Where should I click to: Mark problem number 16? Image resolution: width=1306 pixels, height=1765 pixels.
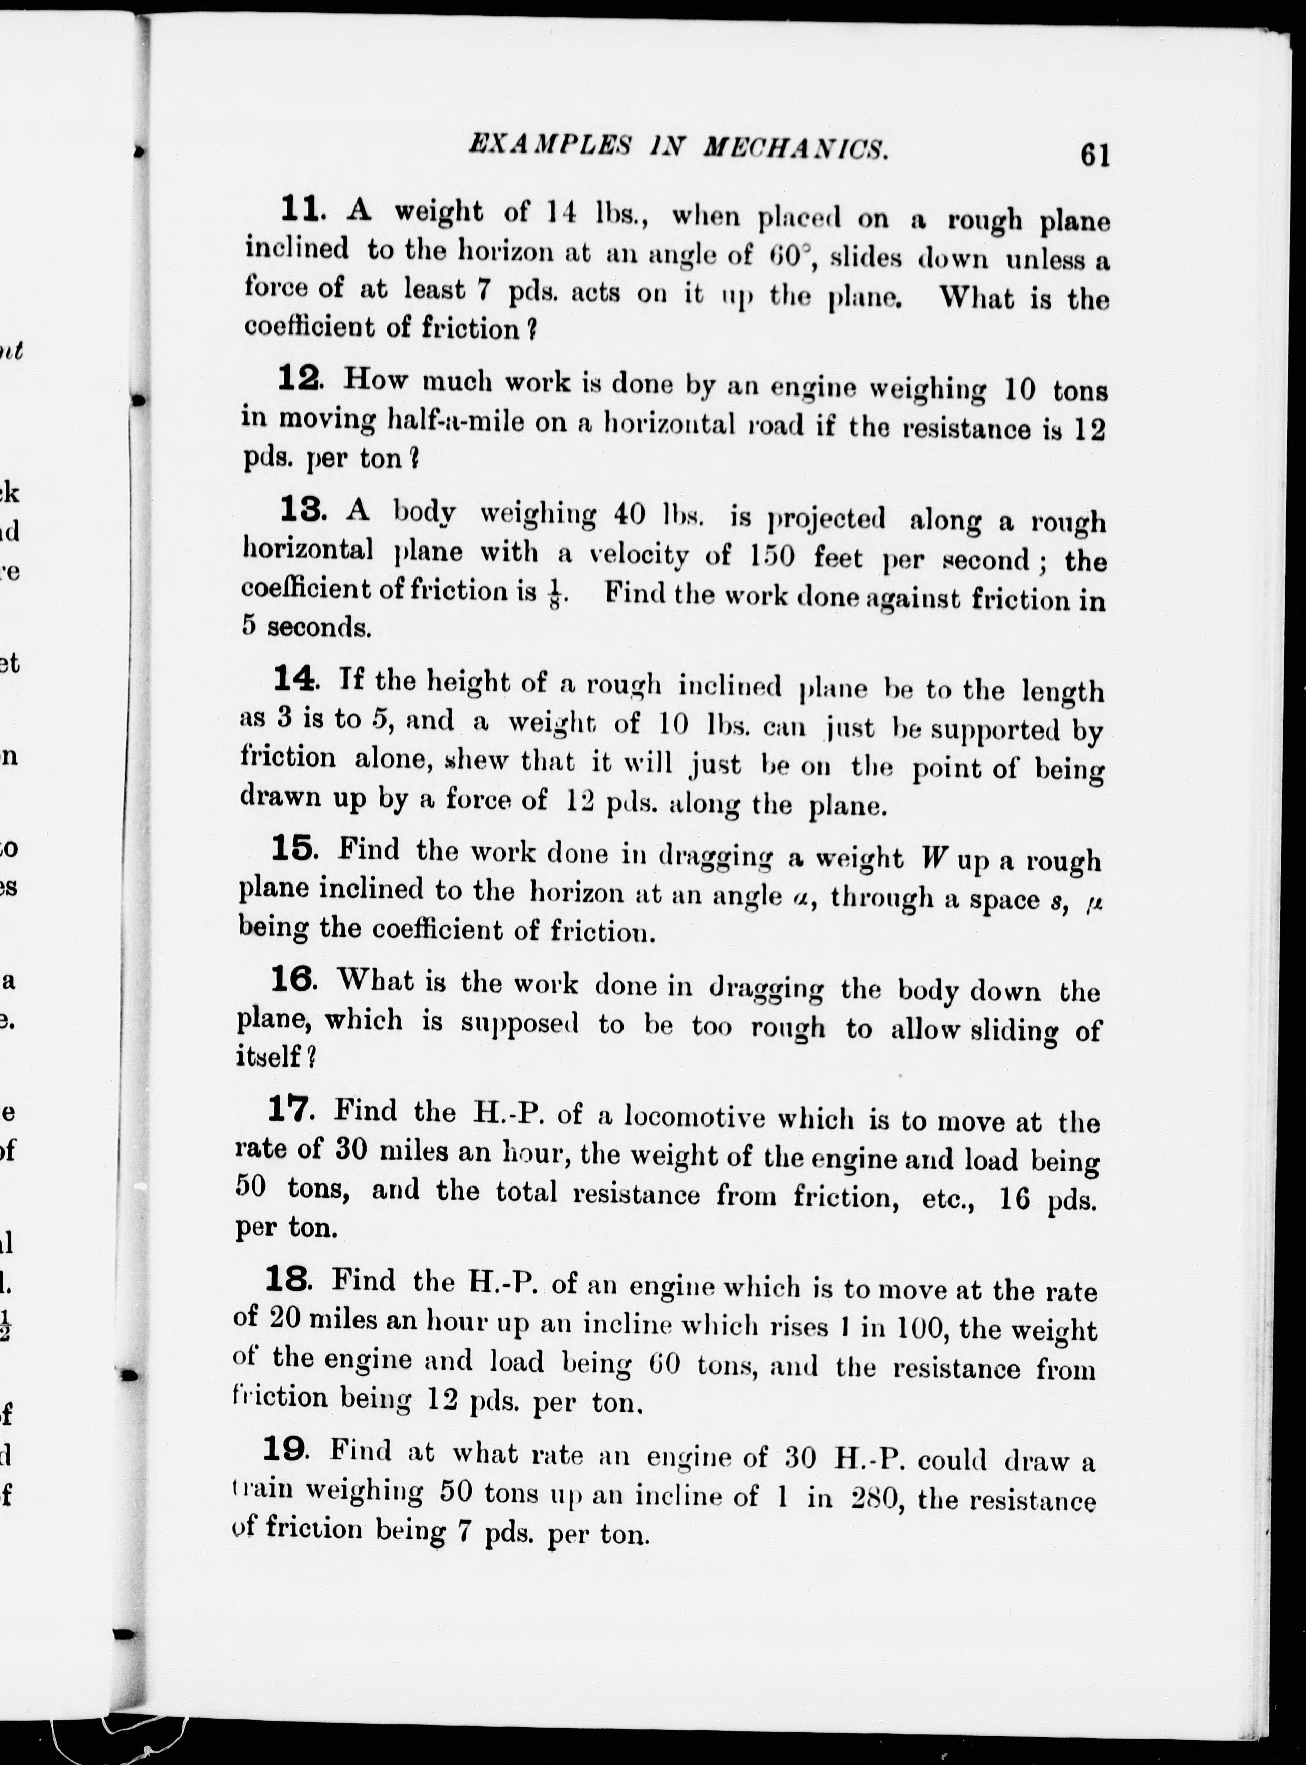click(x=292, y=979)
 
